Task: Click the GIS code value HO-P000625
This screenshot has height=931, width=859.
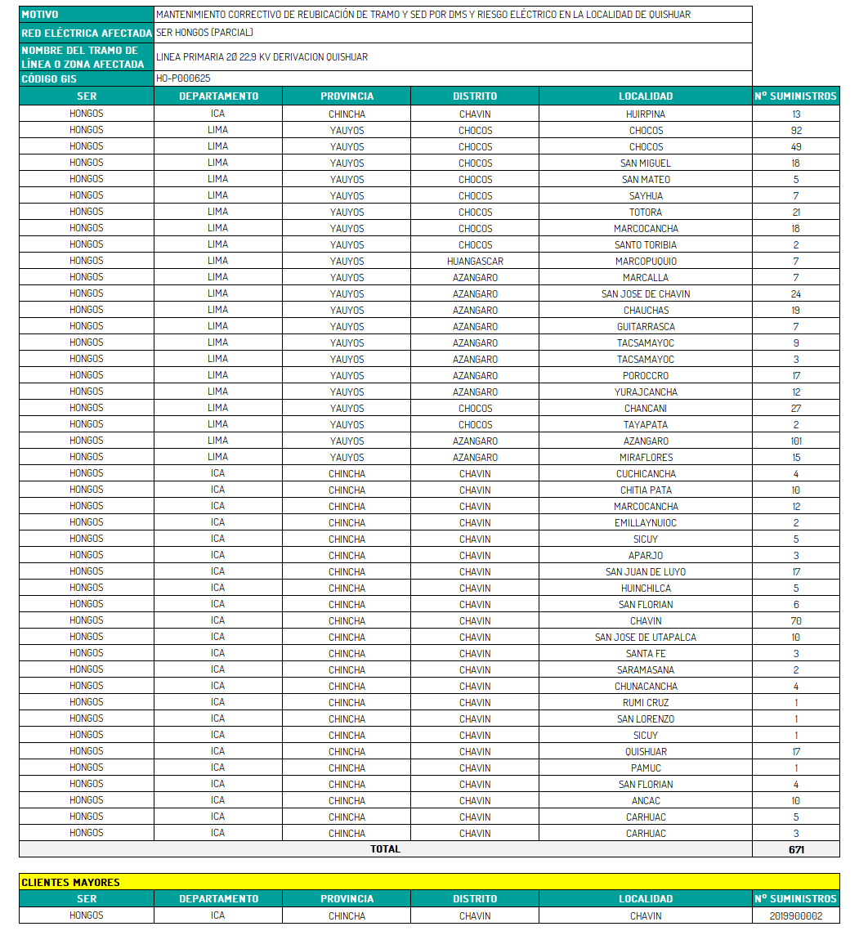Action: coord(183,78)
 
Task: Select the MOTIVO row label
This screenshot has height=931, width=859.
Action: coord(40,15)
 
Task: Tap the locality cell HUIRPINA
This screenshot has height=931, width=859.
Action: coord(646,114)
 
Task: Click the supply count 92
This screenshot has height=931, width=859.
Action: coord(796,131)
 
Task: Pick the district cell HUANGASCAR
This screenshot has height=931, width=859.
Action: coord(475,262)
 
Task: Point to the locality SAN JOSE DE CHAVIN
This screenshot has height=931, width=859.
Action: coord(646,294)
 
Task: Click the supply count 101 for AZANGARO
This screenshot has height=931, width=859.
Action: coord(796,441)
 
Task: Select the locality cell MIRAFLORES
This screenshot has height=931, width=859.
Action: coord(646,458)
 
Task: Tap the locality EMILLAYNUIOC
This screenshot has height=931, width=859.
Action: coord(646,523)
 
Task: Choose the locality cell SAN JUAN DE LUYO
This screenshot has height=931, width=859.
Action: coord(646,572)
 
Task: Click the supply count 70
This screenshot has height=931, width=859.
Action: coord(796,621)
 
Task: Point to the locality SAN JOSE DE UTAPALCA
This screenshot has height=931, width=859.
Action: coord(646,638)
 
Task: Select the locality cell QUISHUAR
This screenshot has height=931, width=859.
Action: coord(646,752)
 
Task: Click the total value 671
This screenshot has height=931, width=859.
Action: coord(796,849)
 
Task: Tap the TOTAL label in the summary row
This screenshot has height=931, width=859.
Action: coord(385,849)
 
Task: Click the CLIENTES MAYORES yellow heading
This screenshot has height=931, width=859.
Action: coord(70,882)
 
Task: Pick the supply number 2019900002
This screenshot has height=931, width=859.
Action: coord(796,916)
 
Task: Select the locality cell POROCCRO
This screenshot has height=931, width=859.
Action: coord(646,376)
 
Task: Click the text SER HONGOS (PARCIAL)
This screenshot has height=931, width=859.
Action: coord(204,33)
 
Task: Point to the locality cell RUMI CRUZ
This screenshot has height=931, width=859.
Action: coord(646,703)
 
